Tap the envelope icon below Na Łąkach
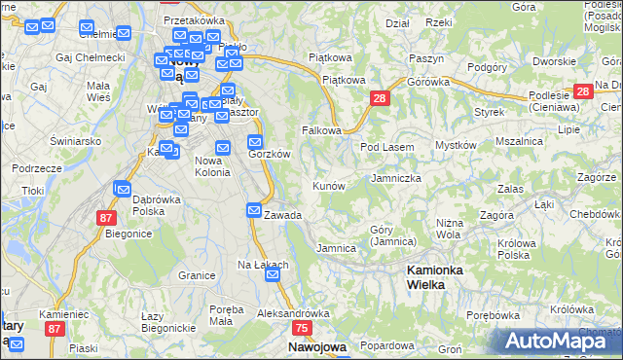(x=274, y=275)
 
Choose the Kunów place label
(x=328, y=185)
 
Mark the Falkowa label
(x=322, y=129)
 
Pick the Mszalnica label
(x=519, y=141)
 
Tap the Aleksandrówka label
(x=293, y=314)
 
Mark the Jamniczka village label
(x=396, y=179)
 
